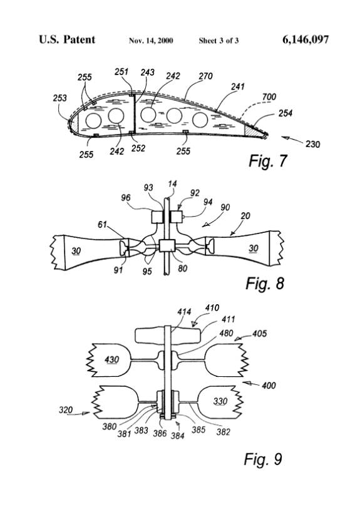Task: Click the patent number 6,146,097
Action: point(306,40)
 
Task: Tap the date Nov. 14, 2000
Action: point(151,41)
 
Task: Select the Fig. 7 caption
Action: point(267,161)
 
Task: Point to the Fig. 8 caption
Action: point(265,283)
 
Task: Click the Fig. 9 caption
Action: point(263,459)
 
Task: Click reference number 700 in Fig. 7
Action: point(269,97)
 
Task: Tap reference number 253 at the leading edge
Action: point(59,98)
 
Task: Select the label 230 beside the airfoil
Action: point(312,144)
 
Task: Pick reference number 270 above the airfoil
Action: point(205,76)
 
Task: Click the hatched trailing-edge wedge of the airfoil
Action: point(255,131)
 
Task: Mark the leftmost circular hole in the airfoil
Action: point(93,120)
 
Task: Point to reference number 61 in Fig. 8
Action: point(102,224)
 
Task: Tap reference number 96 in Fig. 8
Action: point(125,197)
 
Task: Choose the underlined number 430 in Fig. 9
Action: point(111,359)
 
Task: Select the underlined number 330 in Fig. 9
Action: point(220,401)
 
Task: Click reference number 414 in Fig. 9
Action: point(184,312)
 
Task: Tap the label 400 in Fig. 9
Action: point(269,385)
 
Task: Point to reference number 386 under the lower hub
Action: point(160,433)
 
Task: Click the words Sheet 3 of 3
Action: point(219,41)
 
